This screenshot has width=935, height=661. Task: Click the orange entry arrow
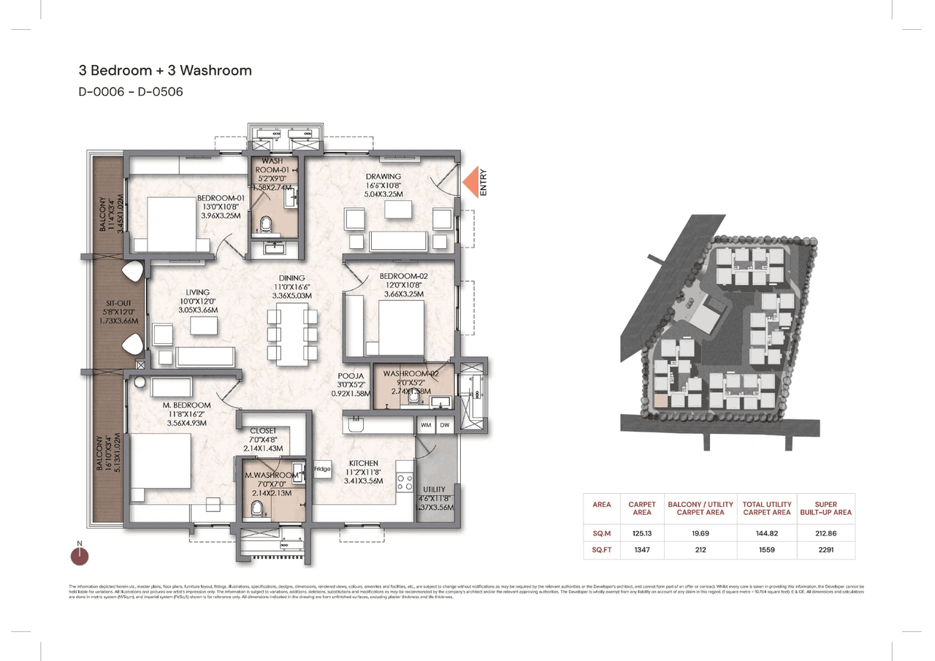point(471,182)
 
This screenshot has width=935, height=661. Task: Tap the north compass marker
point(80,555)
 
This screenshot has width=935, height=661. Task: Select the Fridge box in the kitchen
point(322,469)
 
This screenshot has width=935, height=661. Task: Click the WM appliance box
point(426,424)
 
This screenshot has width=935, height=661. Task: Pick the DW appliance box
point(445,424)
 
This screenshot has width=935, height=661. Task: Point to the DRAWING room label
point(383,176)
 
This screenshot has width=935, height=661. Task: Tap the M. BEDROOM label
point(187,405)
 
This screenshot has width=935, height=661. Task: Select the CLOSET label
point(263,431)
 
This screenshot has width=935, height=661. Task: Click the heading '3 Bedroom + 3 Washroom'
point(165,71)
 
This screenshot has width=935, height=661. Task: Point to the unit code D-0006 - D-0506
point(131,92)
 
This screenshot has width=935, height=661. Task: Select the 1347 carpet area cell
point(642,549)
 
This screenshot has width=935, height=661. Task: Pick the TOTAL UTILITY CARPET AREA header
point(766,508)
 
